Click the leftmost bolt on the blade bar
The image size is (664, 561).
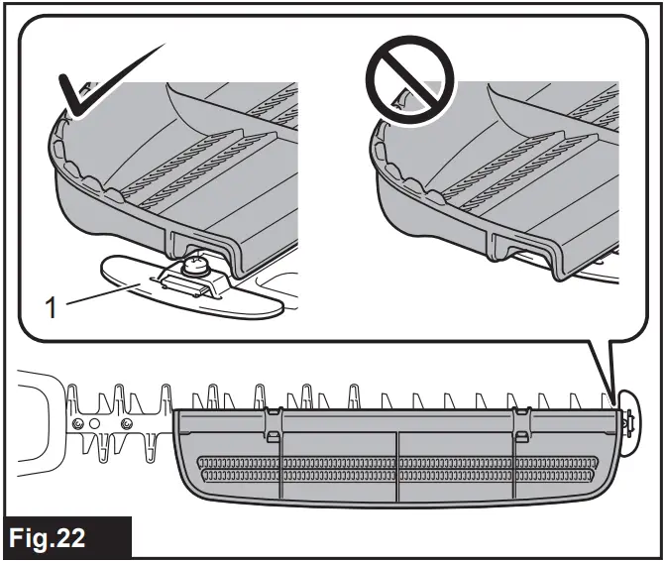point(79,424)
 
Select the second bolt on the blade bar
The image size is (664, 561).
point(126,424)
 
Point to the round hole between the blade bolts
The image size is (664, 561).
point(102,424)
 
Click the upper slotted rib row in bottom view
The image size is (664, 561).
point(396,462)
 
